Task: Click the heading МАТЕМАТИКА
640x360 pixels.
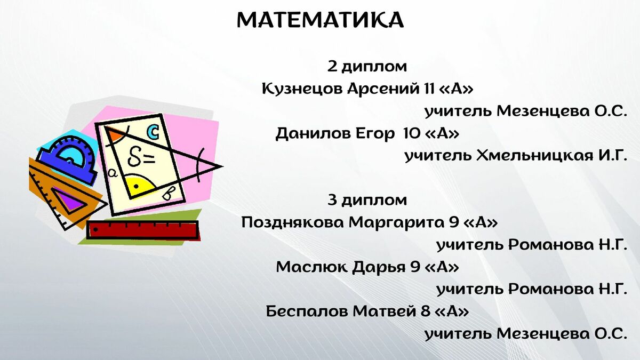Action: click(321, 20)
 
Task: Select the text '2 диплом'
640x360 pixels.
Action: click(367, 67)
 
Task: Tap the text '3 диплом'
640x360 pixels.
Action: click(367, 201)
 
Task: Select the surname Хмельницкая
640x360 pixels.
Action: click(534, 156)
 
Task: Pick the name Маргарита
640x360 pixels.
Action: click(396, 223)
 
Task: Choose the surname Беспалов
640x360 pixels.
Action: click(307, 311)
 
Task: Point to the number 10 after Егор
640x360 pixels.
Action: click(410, 133)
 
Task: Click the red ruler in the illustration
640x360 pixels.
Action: click(143, 230)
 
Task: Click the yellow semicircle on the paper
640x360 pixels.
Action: click(139, 185)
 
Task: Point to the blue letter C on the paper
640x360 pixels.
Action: click(154, 132)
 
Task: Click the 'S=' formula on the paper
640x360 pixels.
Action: click(141, 157)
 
